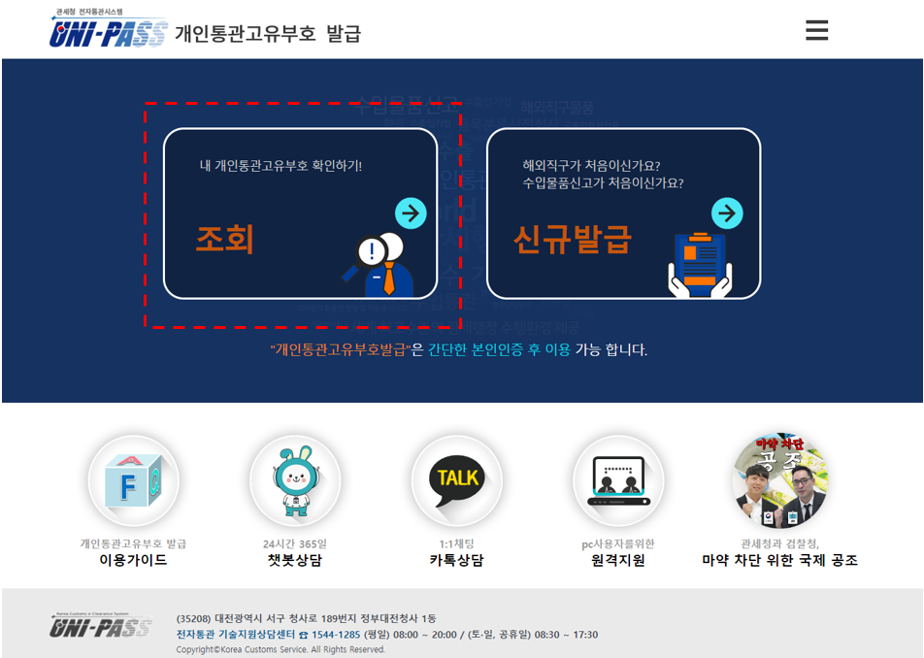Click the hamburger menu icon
tap(816, 30)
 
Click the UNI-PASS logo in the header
tap(108, 31)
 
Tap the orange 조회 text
tap(224, 239)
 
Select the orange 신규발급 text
tap(572, 239)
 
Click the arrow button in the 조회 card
tap(411, 214)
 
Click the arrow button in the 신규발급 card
tap(727, 214)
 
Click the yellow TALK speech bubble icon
tap(457, 480)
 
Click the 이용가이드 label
tap(133, 560)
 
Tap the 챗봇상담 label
tap(295, 560)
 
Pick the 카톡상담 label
tap(457, 560)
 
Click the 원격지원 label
tap(618, 560)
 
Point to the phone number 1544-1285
tap(335, 635)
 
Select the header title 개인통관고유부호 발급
tap(268, 33)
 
